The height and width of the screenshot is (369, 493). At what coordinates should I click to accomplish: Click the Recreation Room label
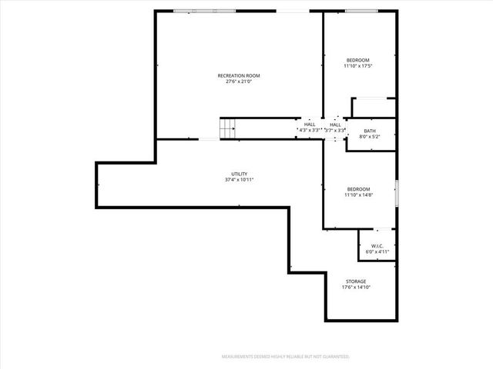click(239, 75)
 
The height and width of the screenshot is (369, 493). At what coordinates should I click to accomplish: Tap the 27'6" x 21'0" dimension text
click(239, 81)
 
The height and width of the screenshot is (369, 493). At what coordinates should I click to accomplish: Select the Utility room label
click(239, 174)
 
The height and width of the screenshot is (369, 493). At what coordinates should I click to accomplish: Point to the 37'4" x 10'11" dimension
click(239, 180)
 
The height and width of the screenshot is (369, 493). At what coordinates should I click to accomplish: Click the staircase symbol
click(226, 129)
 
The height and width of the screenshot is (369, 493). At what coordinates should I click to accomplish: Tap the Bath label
click(370, 131)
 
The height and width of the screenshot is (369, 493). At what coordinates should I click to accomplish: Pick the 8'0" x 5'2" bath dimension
click(370, 138)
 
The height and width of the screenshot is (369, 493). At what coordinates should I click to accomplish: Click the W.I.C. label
click(377, 245)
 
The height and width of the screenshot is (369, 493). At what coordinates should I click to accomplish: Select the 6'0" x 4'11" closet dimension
click(377, 251)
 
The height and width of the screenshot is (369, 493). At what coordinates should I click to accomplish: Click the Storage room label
click(355, 281)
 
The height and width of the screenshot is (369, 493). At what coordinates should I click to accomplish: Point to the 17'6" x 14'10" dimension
click(355, 288)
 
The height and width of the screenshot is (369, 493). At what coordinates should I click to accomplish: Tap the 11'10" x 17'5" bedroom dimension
click(358, 66)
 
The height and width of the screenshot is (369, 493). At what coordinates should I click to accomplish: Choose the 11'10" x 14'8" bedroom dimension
click(358, 195)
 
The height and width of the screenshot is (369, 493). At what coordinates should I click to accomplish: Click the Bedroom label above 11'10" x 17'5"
click(358, 60)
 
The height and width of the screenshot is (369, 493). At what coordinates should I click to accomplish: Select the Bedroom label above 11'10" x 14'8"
click(358, 189)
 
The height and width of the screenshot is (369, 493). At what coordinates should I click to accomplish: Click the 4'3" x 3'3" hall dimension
click(310, 131)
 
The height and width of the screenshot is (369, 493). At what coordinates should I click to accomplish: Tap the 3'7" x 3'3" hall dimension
click(335, 131)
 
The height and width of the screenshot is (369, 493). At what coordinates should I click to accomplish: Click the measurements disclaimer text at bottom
click(286, 357)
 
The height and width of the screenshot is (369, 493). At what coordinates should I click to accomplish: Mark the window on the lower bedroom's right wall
click(397, 192)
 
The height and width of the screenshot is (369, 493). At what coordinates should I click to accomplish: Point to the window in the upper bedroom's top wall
click(361, 11)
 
